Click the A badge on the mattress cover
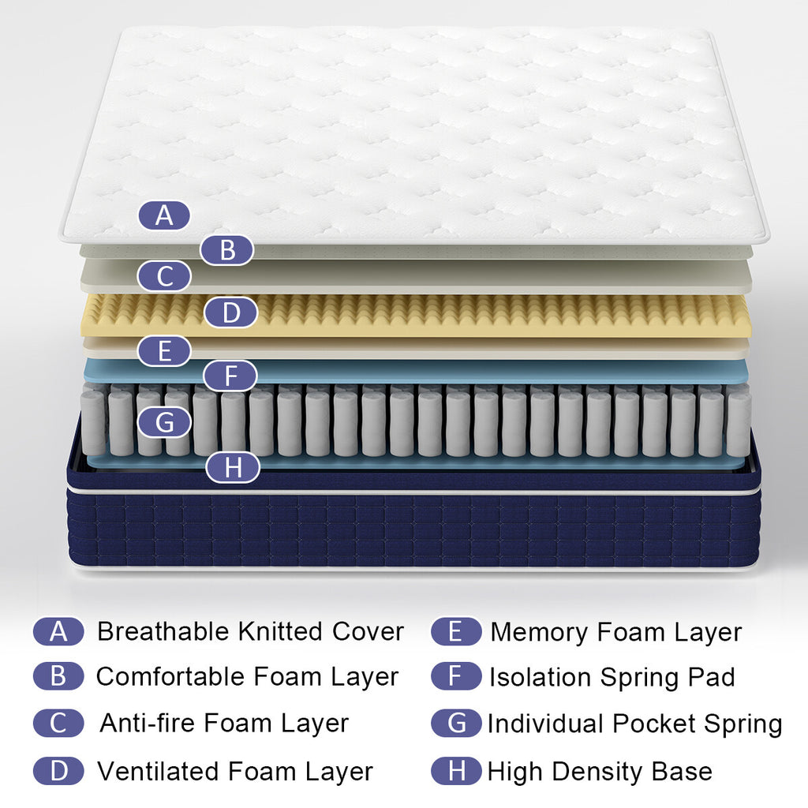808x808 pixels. click(164, 215)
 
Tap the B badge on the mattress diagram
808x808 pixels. click(227, 250)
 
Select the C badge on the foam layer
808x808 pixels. click(164, 277)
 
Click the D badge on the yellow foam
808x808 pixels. click(230, 312)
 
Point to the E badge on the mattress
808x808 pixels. click(164, 351)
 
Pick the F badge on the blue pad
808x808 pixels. click(230, 376)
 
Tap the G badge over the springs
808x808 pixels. click(164, 422)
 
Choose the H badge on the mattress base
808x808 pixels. click(233, 468)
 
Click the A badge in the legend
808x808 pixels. click(58, 631)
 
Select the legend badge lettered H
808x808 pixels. click(456, 770)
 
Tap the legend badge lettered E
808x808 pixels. click(456, 631)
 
